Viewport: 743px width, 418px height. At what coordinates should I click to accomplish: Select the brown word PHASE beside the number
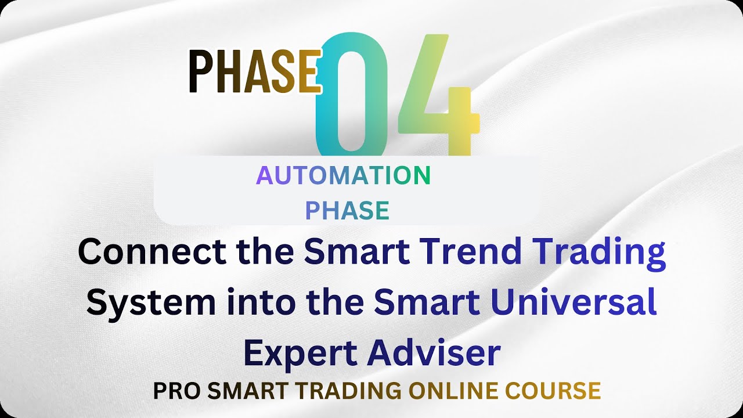(254, 71)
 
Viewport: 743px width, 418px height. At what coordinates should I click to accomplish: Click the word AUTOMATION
(344, 175)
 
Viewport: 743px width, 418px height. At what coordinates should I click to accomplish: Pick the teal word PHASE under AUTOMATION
(347, 211)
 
